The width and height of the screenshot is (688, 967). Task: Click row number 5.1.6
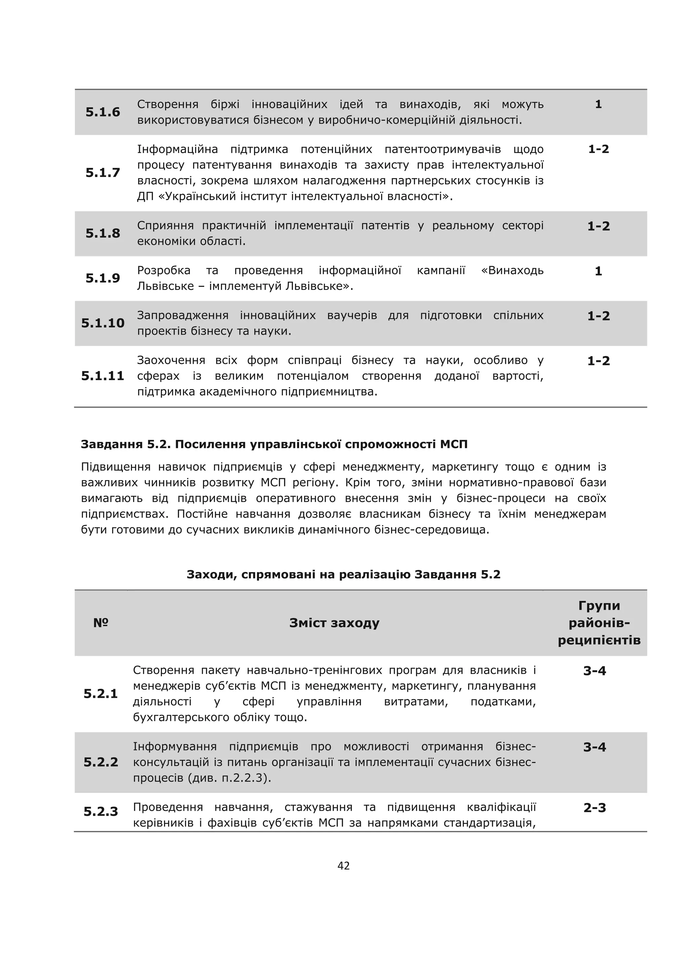[x=102, y=112]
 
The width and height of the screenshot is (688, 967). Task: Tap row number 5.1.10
[x=102, y=323]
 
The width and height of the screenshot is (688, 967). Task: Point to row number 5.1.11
[x=102, y=376]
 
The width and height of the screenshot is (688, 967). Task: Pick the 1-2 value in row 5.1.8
[x=598, y=226]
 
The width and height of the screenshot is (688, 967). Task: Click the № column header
[x=101, y=623]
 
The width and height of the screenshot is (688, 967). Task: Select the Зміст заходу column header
[x=334, y=623]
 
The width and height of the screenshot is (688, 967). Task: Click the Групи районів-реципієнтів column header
[x=599, y=623]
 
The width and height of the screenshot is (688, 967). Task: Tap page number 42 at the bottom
[x=344, y=866]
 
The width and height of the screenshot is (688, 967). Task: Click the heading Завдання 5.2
[x=274, y=444]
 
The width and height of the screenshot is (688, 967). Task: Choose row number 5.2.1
[x=100, y=694]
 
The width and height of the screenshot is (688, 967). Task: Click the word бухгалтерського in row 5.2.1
[x=179, y=717]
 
